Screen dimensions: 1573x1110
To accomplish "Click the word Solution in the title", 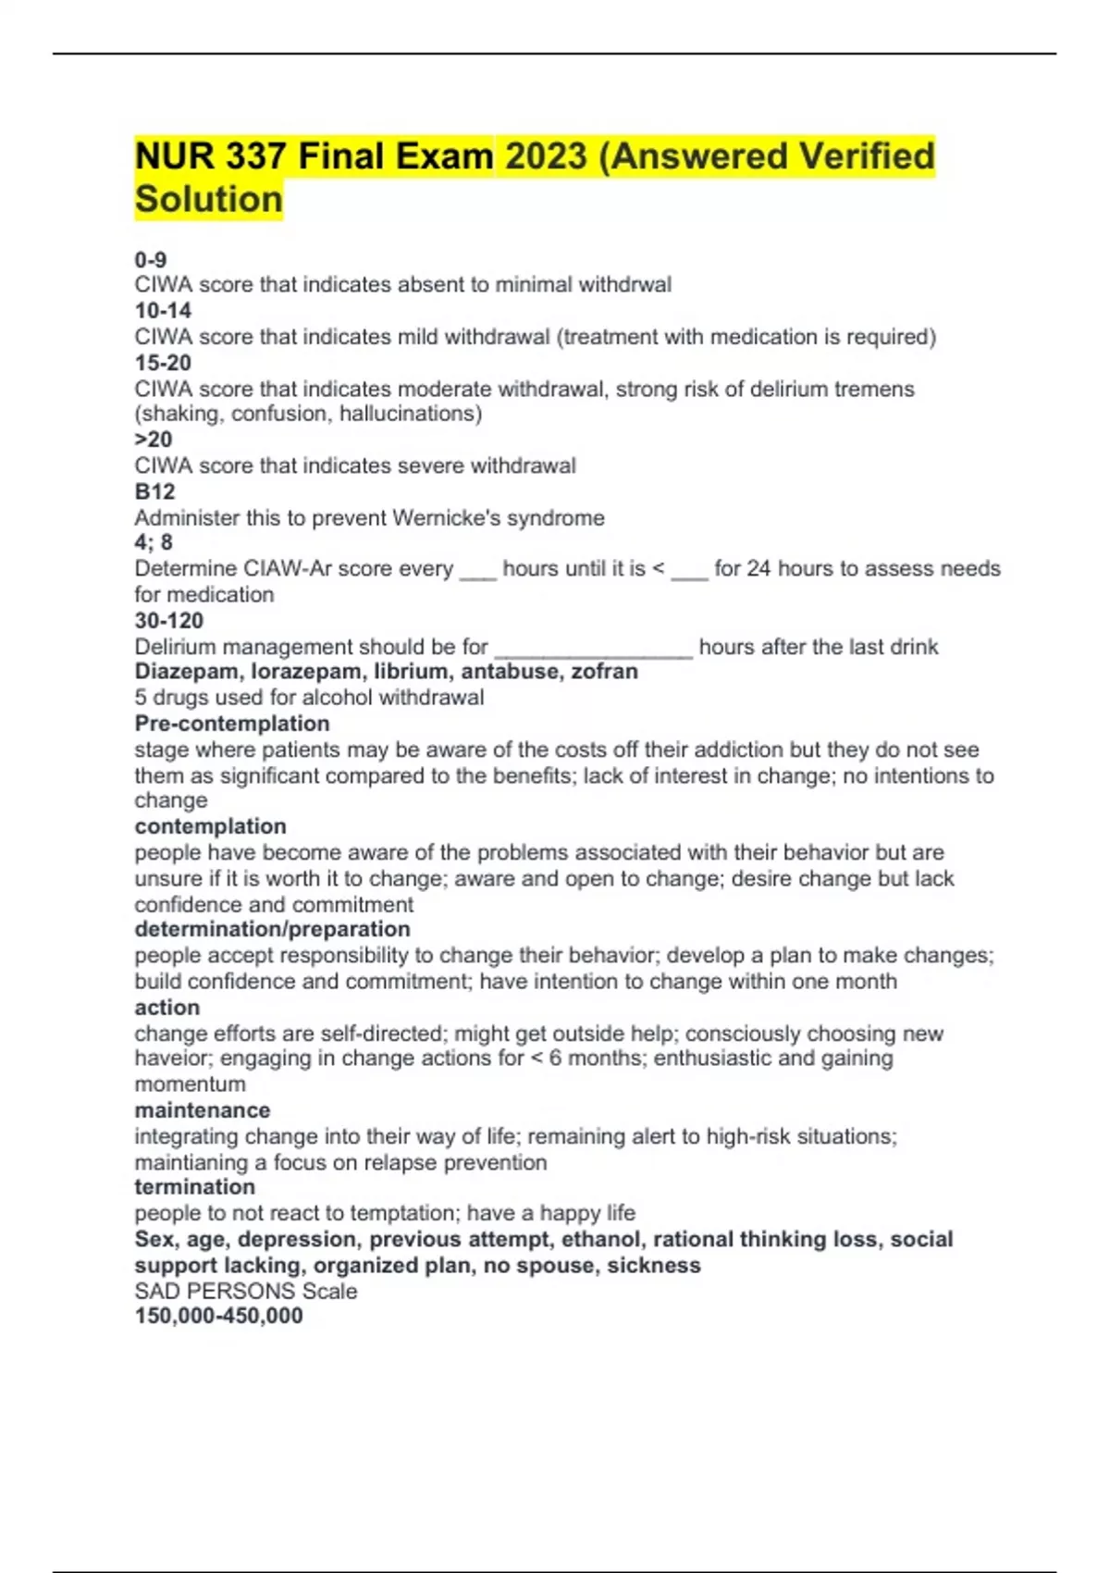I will (208, 199).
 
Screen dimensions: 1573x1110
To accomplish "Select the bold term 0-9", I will (151, 259).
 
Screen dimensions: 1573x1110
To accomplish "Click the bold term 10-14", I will (163, 311).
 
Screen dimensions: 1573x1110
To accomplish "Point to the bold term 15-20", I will (163, 363).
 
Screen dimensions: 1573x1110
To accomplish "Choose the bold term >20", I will (154, 440).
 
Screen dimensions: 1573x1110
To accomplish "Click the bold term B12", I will (154, 491).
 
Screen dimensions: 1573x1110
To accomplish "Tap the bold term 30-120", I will (169, 620).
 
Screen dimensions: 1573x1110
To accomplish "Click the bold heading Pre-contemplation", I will (232, 724).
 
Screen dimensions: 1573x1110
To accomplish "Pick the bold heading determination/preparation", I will (272, 929).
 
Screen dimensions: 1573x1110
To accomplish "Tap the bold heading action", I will (167, 1007).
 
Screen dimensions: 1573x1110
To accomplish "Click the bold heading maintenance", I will (203, 1109).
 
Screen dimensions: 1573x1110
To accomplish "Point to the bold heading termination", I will (194, 1187).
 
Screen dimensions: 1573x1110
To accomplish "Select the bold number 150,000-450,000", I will (218, 1316).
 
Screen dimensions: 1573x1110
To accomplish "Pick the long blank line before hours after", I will (594, 650).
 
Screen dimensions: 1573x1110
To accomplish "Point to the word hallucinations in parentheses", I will (407, 414).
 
